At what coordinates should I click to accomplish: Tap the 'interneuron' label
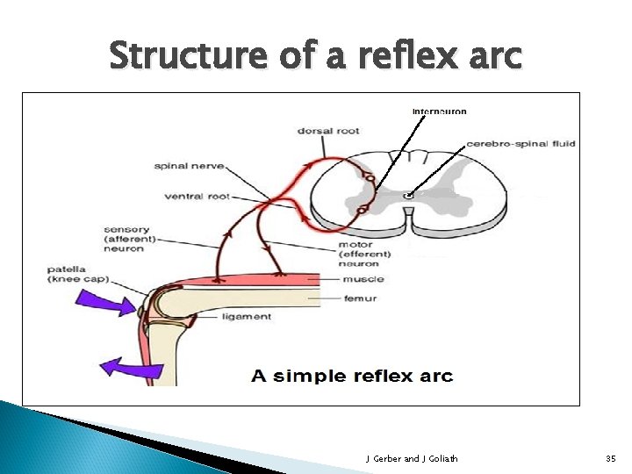439,111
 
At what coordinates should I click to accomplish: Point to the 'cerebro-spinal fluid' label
521,143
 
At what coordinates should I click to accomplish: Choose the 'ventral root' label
197,196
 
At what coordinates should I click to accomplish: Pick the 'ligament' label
248,316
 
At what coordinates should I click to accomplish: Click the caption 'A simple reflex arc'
352,377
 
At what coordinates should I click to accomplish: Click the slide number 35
611,458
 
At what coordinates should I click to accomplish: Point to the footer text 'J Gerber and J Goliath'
411,458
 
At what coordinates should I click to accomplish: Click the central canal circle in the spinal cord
408,195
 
